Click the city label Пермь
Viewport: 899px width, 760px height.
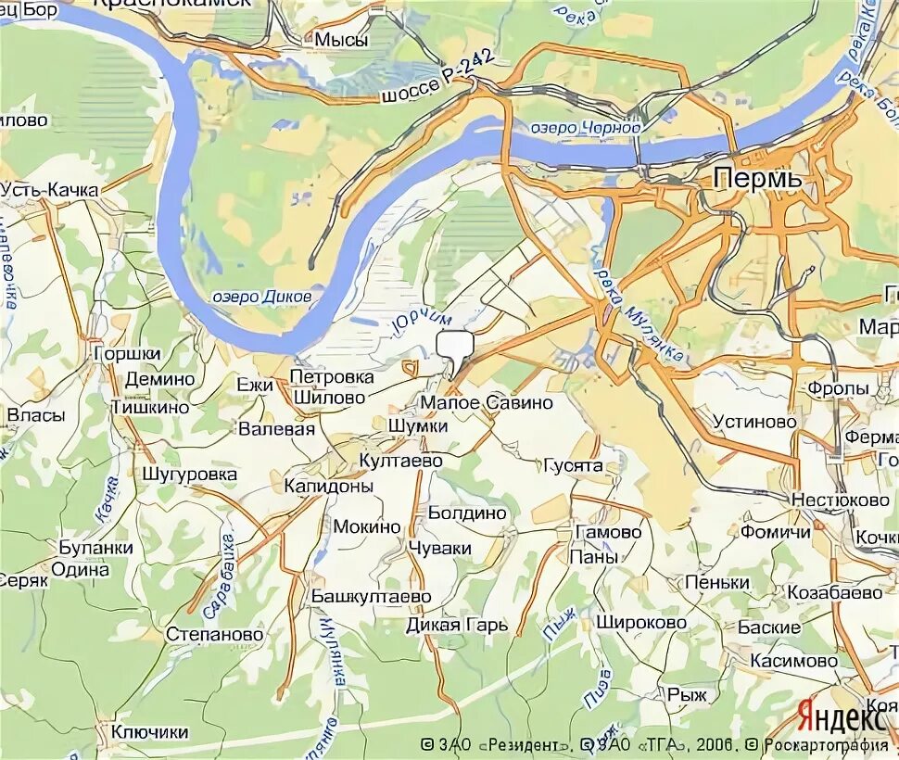pyautogui.click(x=758, y=178)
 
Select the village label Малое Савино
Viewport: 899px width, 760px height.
pyautogui.click(x=486, y=403)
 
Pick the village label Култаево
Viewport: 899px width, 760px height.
pyautogui.click(x=401, y=461)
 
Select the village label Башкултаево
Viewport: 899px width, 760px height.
pyautogui.click(x=371, y=596)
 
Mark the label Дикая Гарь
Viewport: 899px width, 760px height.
pyautogui.click(x=457, y=625)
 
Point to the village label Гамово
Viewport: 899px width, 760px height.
pyautogui.click(x=608, y=533)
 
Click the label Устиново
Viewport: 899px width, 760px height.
pyautogui.click(x=754, y=421)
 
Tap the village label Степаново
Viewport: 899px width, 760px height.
pyautogui.click(x=214, y=635)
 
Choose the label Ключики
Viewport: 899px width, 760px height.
pyautogui.click(x=149, y=732)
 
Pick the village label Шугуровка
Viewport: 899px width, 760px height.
pyautogui.click(x=190, y=475)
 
